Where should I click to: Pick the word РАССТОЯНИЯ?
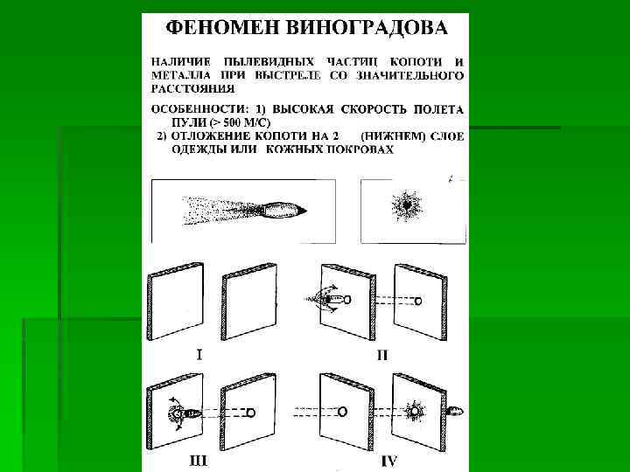click(192, 87)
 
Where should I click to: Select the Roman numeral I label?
click(200, 355)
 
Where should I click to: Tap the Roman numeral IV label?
click(389, 457)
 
